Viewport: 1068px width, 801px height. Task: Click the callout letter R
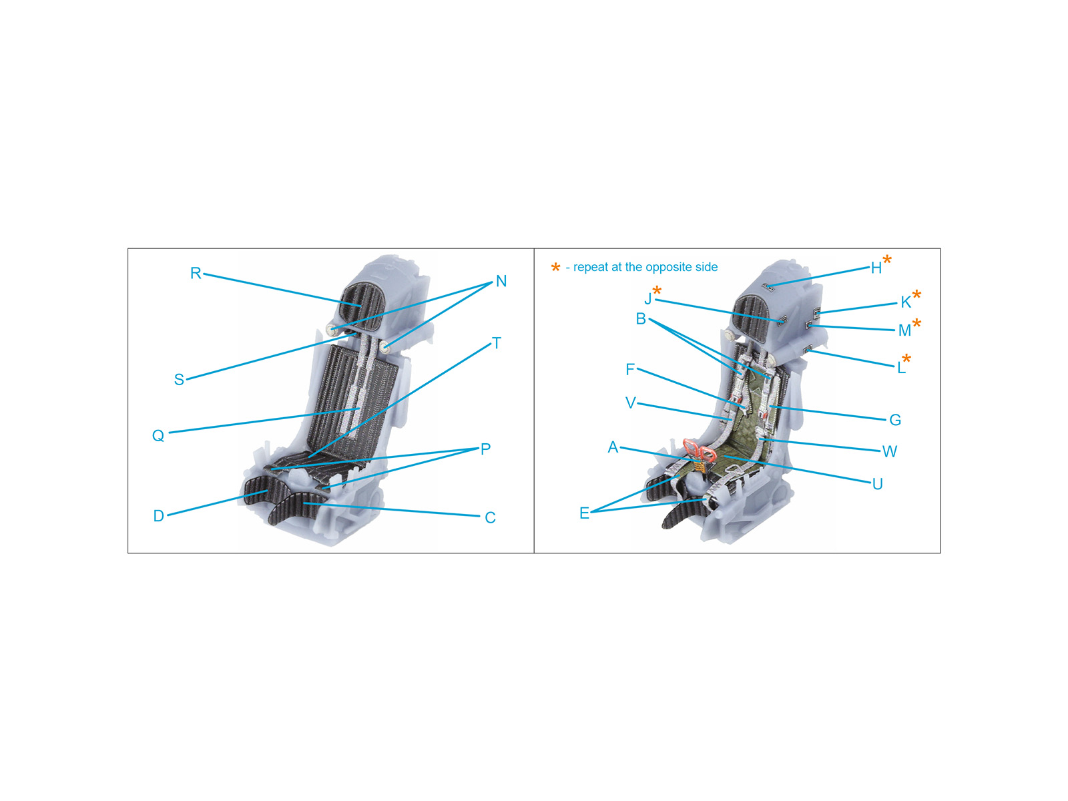tap(196, 273)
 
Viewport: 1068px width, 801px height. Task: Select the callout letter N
tap(501, 280)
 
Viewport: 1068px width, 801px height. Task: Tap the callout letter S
tap(179, 379)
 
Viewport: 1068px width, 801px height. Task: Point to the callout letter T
tap(497, 343)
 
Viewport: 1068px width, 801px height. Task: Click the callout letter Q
tap(158, 435)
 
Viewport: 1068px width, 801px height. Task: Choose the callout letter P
tap(485, 449)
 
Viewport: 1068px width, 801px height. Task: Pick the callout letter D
tap(159, 515)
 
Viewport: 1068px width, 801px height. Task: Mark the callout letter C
tap(490, 517)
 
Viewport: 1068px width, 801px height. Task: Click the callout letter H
tap(876, 268)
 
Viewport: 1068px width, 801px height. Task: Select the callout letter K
tap(906, 302)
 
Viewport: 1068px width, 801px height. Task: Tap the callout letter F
tap(629, 369)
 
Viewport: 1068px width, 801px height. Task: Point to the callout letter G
tap(895, 420)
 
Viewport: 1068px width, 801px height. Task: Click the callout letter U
tap(877, 484)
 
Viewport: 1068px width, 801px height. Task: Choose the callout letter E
tap(584, 513)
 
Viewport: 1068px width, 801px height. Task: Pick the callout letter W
tap(889, 451)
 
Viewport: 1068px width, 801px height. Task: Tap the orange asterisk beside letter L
tap(906, 359)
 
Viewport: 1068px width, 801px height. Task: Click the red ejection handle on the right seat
tap(699, 451)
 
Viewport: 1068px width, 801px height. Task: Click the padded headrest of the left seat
tap(362, 306)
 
